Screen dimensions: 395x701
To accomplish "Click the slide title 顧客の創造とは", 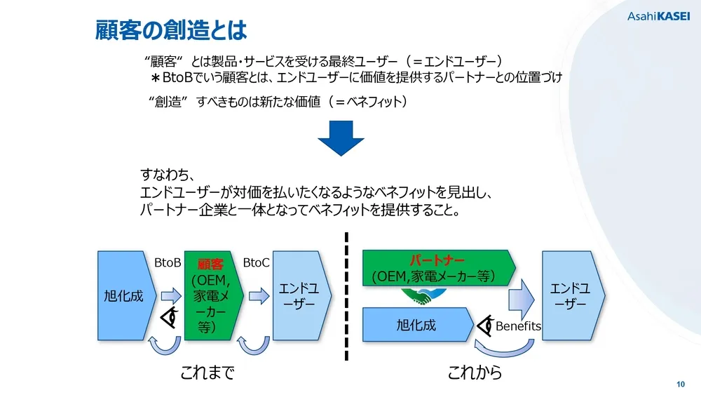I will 171,29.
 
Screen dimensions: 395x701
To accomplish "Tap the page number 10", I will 680,384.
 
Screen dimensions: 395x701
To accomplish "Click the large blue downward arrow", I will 341,138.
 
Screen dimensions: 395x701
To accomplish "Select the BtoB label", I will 168,262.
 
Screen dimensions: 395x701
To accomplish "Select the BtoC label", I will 256,262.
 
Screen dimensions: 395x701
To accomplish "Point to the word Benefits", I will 518,326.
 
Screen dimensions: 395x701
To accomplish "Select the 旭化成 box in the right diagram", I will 416,325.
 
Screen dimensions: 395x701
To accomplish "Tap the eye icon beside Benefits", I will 486,326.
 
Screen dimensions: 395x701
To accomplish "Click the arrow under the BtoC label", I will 258,296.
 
